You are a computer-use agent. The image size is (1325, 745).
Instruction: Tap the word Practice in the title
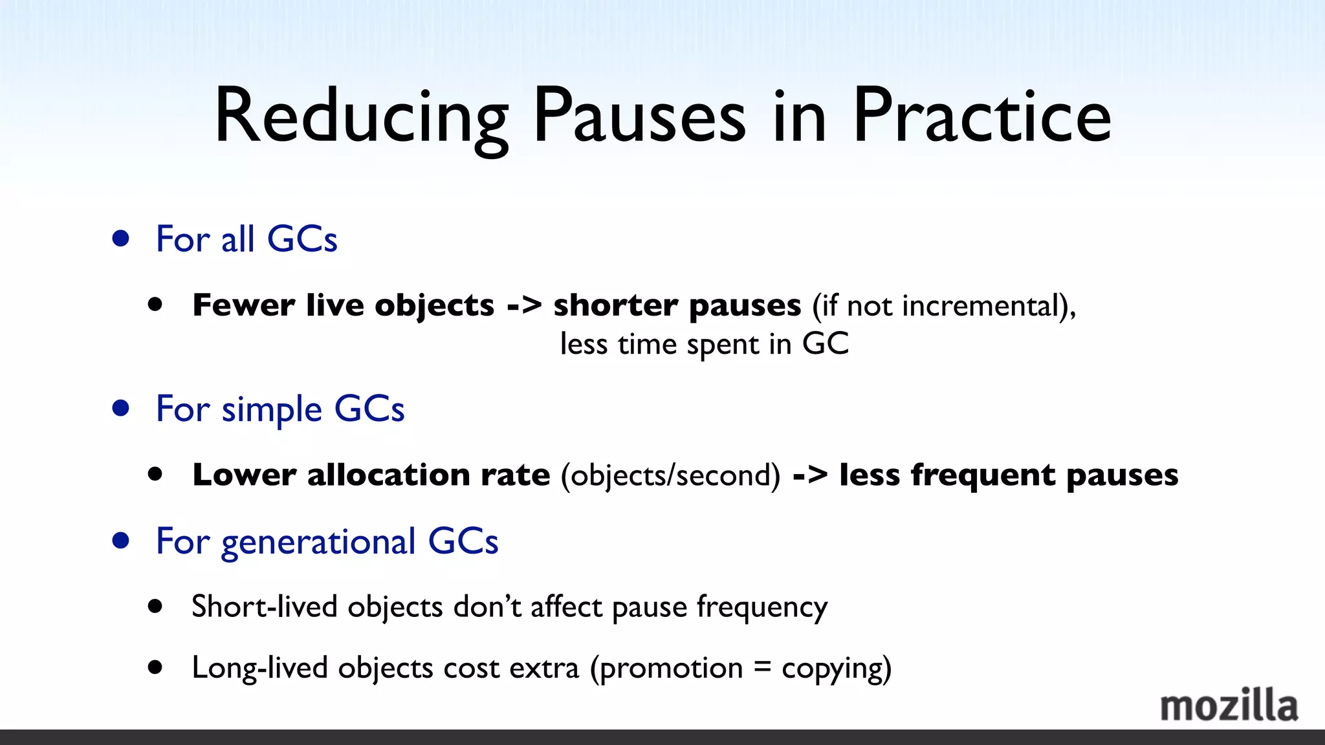click(981, 116)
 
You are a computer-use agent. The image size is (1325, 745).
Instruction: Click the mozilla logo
click(1229, 706)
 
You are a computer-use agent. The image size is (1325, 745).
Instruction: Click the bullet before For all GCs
click(120, 239)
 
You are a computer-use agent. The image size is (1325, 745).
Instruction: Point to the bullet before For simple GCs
click(120, 409)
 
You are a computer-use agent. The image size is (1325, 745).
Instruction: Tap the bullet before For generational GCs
click(120, 541)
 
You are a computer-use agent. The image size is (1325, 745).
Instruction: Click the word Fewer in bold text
click(243, 305)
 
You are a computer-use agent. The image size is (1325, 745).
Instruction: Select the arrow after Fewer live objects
click(523, 305)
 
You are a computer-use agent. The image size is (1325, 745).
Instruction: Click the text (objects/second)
click(671, 475)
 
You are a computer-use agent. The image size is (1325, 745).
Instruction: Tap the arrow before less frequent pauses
click(810, 475)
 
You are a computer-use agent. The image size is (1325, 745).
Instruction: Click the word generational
click(318, 542)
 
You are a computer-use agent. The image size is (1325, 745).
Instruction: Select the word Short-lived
click(265, 607)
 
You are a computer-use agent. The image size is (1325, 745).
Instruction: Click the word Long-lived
click(259, 667)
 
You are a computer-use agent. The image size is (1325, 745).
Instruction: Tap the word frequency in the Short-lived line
click(761, 607)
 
